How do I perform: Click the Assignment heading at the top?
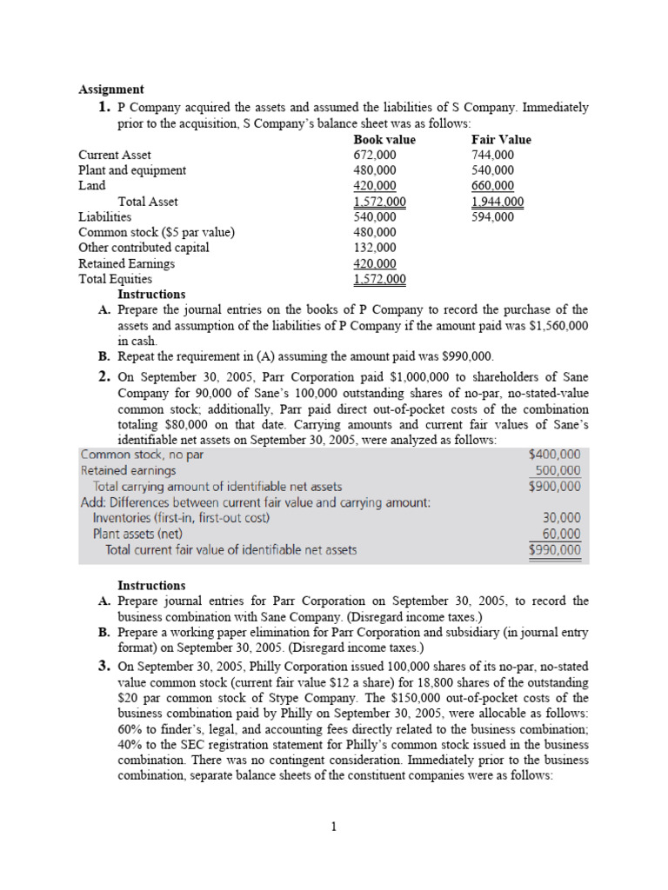pos(111,90)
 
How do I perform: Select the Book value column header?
pos(384,140)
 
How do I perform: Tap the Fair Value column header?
pos(501,140)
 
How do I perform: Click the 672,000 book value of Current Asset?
pos(374,156)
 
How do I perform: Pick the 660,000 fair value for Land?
pos(492,186)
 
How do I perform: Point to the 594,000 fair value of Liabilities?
pos(492,217)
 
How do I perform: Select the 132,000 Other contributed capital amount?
pos(374,248)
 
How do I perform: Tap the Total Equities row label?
pos(115,279)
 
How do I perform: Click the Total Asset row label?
pos(148,202)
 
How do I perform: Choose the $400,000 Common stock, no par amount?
pos(555,455)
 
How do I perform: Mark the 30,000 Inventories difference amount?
pos(561,518)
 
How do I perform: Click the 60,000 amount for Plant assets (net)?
pos(561,534)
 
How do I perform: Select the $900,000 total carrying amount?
pos(555,487)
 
